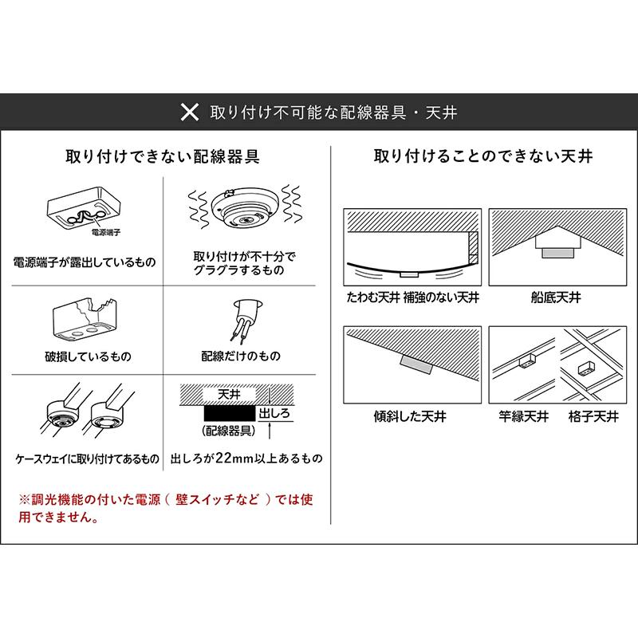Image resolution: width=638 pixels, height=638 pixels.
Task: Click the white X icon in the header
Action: tap(190, 112)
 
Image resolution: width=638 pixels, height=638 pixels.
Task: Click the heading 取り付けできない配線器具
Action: tap(163, 156)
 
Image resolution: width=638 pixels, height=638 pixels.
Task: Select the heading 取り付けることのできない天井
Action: tap(483, 156)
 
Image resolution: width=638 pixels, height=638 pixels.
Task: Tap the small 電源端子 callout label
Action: tap(106, 233)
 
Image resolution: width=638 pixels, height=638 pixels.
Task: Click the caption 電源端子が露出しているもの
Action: tap(85, 262)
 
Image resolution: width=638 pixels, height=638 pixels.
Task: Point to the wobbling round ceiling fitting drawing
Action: tap(245, 208)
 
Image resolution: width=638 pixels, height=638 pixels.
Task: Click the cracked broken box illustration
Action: tap(85, 320)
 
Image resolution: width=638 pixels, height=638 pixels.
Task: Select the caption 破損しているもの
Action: tap(88, 356)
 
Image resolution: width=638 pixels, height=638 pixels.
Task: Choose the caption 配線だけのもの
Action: tap(241, 356)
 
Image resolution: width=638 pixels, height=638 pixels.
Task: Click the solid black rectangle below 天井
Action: tap(229, 413)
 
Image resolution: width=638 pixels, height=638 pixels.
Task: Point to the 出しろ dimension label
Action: tap(274, 413)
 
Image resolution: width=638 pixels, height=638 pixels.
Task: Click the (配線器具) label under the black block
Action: tap(229, 430)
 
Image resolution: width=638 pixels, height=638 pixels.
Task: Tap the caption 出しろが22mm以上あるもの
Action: tap(246, 459)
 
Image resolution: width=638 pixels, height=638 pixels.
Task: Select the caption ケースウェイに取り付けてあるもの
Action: tap(87, 459)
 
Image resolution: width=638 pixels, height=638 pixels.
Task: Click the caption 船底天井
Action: tap(556, 297)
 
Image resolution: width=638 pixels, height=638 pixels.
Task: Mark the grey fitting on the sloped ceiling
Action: tap(415, 364)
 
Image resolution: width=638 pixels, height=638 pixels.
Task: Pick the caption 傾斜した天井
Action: tap(410, 416)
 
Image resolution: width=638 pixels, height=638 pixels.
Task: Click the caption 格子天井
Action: tap(593, 416)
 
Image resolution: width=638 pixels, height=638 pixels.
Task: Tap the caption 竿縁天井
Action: tap(524, 416)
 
